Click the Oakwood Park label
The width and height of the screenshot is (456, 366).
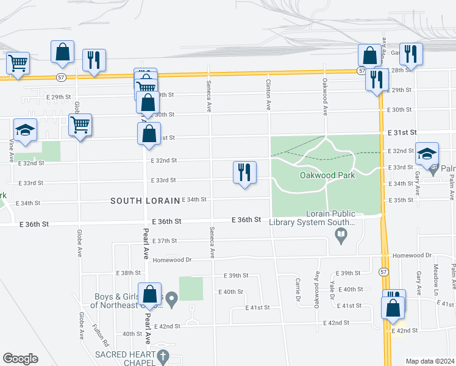point(327,175)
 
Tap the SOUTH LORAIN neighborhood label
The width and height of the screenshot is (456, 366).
point(145,201)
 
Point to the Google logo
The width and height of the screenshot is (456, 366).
point(20,359)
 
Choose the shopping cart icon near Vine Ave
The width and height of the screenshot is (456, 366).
point(18,63)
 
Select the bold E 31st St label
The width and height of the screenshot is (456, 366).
point(402,132)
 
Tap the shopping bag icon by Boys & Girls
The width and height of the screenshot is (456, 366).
point(150,295)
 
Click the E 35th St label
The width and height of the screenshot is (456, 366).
point(401,200)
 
